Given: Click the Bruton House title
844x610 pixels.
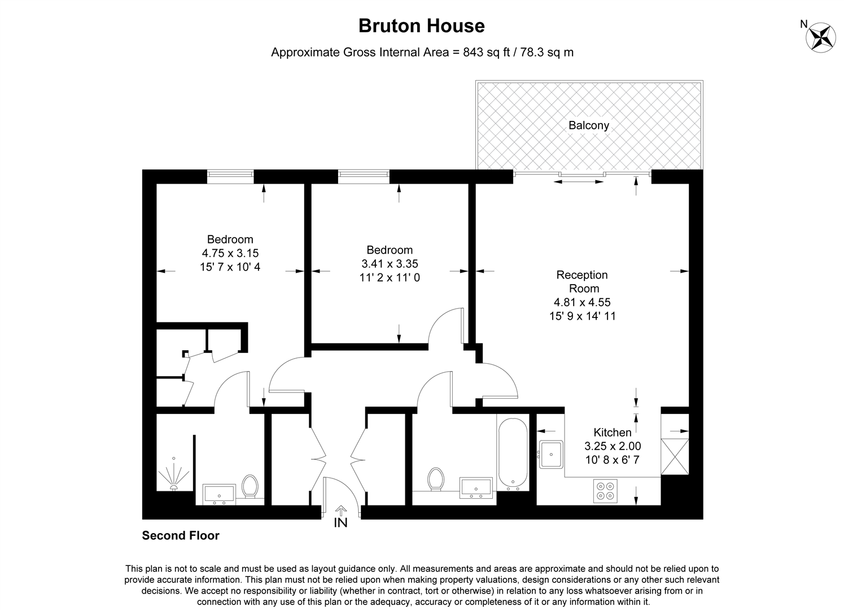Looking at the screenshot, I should click(422, 26).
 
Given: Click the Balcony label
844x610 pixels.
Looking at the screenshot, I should click(589, 125).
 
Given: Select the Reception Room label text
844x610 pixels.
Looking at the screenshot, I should click(582, 282).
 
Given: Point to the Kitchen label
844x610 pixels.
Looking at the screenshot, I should click(612, 433).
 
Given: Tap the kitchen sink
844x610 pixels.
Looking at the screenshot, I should click(551, 454).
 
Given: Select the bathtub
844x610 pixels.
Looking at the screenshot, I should click(513, 453).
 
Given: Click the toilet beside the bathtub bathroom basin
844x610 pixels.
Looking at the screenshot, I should click(435, 479).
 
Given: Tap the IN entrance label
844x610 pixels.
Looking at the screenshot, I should click(340, 523).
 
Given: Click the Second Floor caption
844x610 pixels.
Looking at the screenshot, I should click(181, 535).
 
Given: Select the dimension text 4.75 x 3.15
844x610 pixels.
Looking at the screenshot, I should click(230, 254).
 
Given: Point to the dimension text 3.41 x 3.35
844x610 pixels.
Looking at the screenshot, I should click(390, 264).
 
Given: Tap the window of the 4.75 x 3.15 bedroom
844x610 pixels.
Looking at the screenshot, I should click(230, 176).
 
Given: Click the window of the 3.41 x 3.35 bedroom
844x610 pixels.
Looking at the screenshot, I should click(364, 176).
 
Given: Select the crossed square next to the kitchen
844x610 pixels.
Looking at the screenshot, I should click(675, 457).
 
